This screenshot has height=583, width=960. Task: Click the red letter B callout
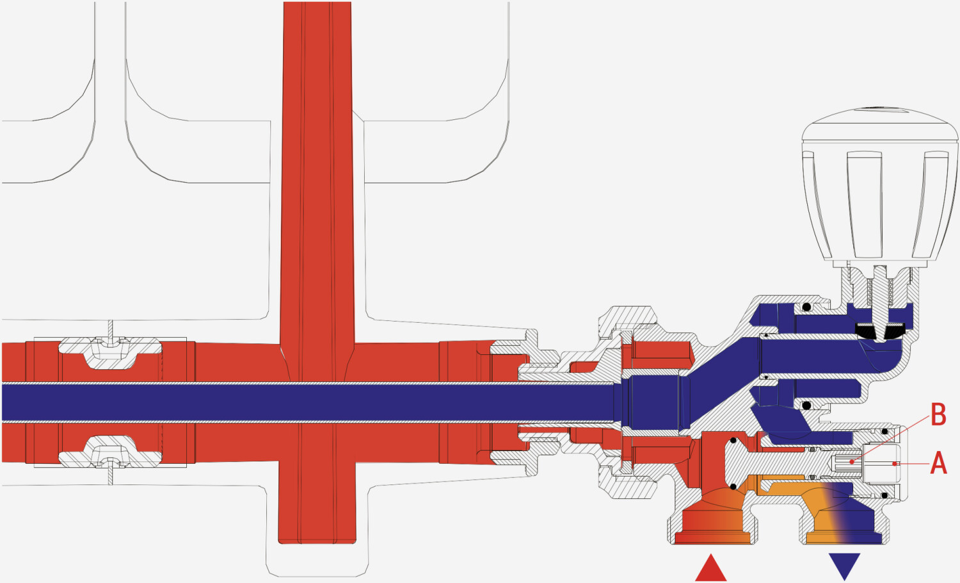[938, 415]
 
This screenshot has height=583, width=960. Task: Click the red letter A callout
[939, 463]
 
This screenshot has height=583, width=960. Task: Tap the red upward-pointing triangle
[710, 568]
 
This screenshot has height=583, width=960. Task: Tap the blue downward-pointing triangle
[844, 566]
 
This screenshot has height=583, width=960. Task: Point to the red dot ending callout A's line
[895, 463]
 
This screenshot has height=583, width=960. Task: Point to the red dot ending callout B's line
[852, 462]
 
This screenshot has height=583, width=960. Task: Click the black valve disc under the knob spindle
[879, 331]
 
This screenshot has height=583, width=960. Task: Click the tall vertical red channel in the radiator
[317, 273]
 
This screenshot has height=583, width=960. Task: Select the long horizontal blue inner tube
[308, 402]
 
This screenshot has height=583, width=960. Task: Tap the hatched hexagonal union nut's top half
[627, 327]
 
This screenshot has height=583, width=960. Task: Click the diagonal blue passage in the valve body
[724, 382]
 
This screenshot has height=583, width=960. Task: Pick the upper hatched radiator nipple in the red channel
[110, 352]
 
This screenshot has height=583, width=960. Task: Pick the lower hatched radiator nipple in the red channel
[110, 452]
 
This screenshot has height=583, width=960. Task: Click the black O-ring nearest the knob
[806, 307]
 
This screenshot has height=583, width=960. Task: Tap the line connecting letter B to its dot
[892, 438]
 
